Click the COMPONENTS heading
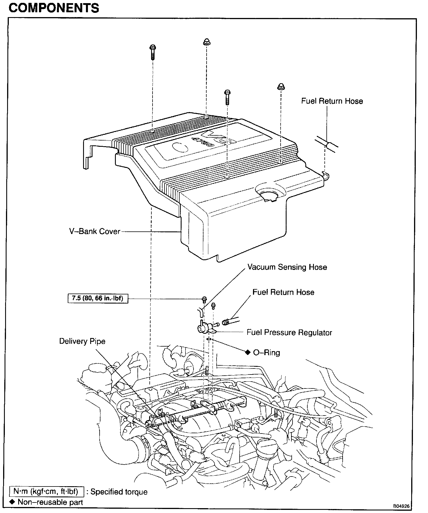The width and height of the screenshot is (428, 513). [54, 8]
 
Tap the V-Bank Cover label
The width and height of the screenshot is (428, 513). [95, 231]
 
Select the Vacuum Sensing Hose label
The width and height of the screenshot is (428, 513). [287, 267]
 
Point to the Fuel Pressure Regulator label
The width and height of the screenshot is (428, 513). [289, 333]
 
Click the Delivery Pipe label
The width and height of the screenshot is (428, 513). [82, 341]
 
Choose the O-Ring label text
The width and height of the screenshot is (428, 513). [266, 353]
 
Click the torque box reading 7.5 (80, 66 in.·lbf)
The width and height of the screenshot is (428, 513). [98, 299]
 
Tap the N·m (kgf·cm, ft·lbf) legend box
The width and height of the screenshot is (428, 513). [47, 492]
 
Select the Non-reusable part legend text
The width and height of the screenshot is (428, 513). [50, 502]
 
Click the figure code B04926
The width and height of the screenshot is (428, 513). [401, 506]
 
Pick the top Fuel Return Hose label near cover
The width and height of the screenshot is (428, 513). [332, 101]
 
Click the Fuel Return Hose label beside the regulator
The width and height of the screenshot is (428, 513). [283, 292]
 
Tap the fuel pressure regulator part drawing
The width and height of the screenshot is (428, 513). [205, 328]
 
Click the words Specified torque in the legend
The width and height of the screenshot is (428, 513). [119, 492]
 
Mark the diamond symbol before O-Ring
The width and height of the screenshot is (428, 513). [248, 353]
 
